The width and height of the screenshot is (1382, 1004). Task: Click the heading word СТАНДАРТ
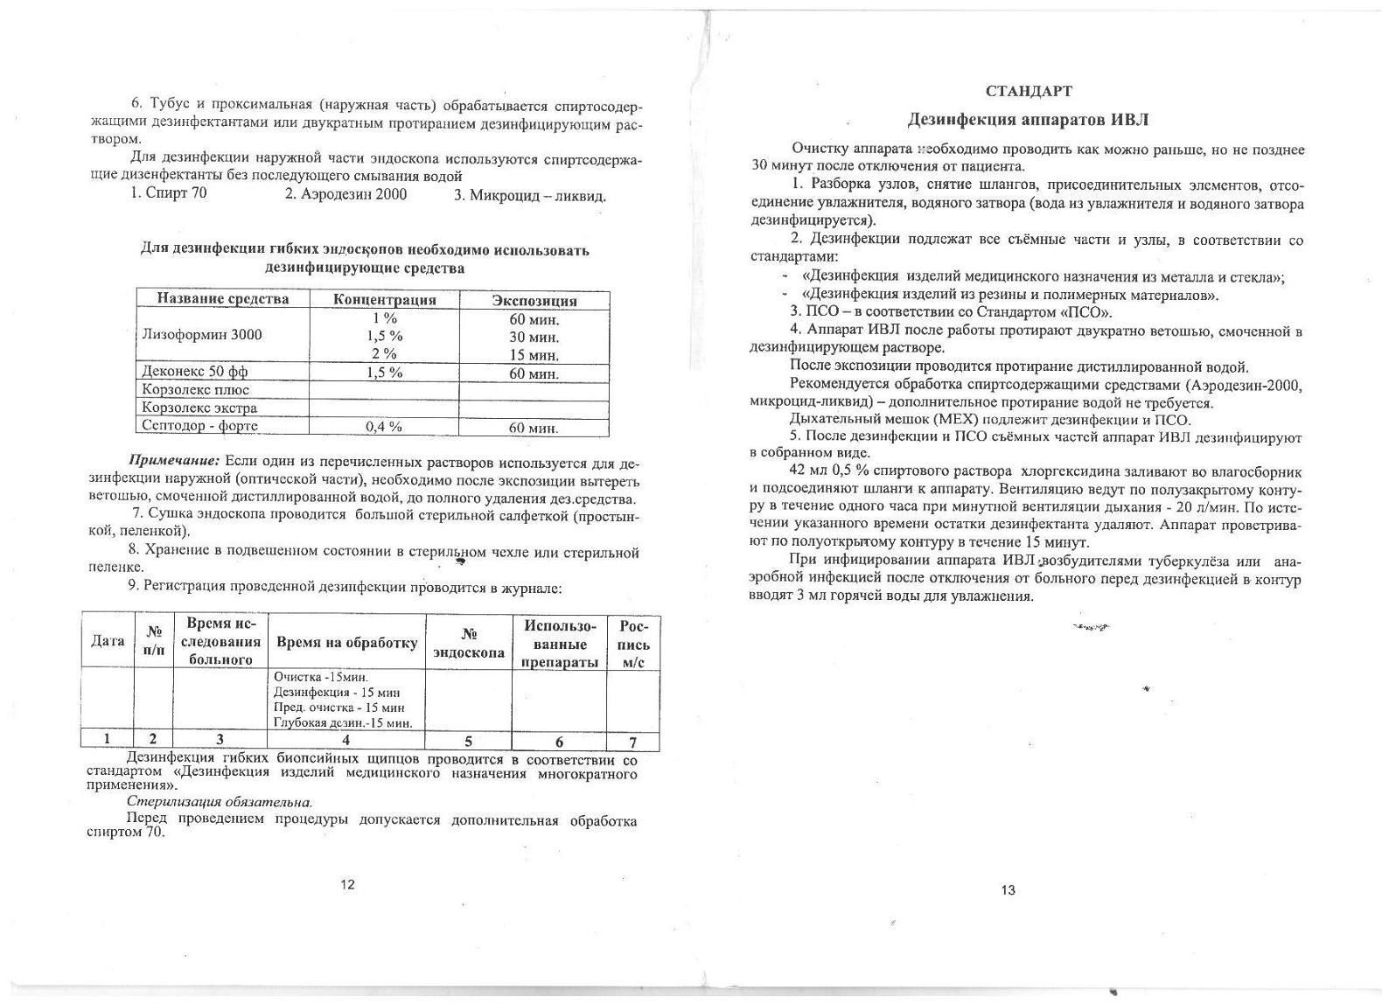1028,91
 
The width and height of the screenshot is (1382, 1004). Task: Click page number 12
347,884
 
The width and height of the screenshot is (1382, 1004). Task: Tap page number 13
1008,890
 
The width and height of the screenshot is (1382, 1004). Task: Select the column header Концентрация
384,300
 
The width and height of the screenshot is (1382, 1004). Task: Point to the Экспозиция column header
534,300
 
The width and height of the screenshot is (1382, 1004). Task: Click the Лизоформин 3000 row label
201,335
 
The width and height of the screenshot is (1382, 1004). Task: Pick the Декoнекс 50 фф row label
195,372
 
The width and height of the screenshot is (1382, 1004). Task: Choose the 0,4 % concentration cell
383,427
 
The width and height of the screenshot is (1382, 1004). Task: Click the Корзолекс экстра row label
199,408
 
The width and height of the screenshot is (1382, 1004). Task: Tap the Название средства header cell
222,299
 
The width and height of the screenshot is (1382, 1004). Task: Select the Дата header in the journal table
108,641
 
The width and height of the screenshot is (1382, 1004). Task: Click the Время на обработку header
346,643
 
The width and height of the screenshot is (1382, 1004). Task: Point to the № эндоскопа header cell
468,644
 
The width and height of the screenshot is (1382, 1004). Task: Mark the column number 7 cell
632,743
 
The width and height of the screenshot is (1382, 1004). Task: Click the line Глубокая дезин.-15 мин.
342,722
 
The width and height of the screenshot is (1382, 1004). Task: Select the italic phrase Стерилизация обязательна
220,801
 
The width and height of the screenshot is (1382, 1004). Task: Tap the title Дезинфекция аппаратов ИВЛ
1028,119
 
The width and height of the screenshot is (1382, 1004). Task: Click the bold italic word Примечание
174,461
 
